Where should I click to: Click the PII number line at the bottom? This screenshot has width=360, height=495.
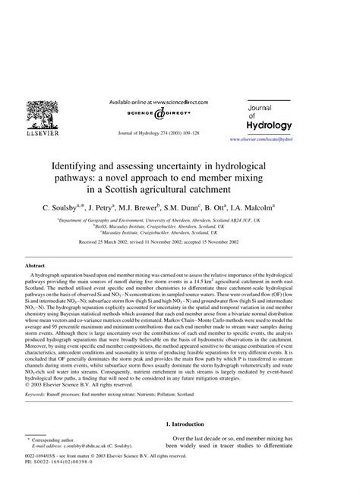tap(61, 467)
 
